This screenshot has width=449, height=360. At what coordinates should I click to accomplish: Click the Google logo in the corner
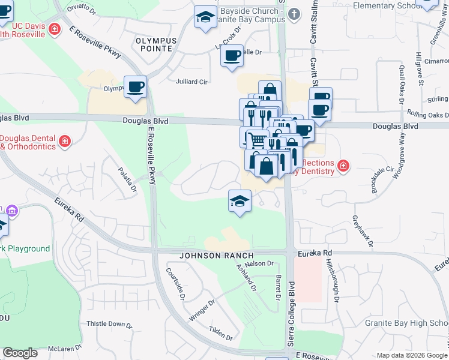click(x=20, y=353)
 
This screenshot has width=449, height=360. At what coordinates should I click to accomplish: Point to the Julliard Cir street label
click(x=191, y=82)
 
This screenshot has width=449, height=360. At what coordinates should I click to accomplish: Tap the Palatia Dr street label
click(x=128, y=179)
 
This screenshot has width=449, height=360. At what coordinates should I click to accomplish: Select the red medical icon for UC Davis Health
click(x=54, y=29)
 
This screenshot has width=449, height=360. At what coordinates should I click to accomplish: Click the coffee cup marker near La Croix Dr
click(x=231, y=56)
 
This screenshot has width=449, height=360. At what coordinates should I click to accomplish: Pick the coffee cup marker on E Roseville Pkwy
click(x=135, y=86)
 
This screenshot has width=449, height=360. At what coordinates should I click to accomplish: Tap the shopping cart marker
click(x=257, y=140)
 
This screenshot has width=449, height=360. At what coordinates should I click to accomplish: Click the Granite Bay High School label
click(x=406, y=323)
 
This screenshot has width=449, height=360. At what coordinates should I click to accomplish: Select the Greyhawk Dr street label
click(x=363, y=231)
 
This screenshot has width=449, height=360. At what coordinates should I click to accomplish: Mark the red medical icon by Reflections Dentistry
click(x=343, y=166)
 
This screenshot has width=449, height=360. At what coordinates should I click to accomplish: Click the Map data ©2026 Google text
click(x=411, y=355)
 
